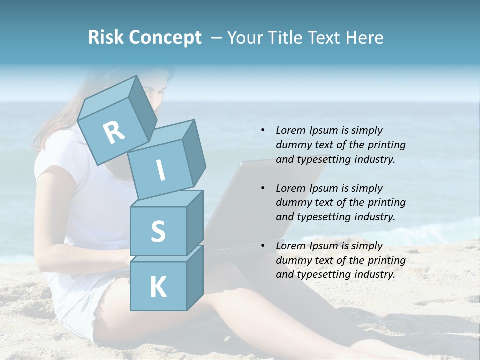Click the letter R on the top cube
[x=114, y=132]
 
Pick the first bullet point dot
[x=263, y=130]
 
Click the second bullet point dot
[x=263, y=188]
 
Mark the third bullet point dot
[x=263, y=246]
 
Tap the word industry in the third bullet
[x=374, y=274]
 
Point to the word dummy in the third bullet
[x=292, y=260]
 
